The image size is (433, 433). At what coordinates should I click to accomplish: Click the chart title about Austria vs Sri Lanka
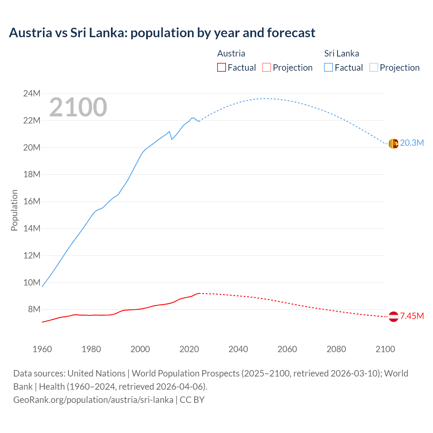[x=162, y=33]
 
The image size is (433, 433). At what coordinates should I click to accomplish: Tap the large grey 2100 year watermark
[x=78, y=107]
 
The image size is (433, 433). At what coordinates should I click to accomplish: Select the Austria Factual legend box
[x=221, y=67]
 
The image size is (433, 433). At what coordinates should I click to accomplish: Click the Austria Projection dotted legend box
[x=267, y=67]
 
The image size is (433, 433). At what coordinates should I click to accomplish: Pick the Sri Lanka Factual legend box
[x=328, y=67]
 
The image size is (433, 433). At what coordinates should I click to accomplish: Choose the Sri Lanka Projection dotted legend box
[x=373, y=67]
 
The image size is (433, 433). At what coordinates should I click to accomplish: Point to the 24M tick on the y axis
[x=32, y=93]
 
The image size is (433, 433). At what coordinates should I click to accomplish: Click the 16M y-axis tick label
[x=32, y=201]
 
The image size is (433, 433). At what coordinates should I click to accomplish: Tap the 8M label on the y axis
[x=34, y=309]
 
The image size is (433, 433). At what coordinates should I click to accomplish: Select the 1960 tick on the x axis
[x=42, y=349]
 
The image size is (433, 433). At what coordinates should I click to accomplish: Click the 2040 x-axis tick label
[x=238, y=349]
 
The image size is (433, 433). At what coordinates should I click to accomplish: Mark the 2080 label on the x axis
[x=336, y=349]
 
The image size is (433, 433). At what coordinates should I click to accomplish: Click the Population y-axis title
[x=14, y=210]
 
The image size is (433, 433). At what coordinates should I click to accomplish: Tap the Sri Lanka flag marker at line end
[x=393, y=144]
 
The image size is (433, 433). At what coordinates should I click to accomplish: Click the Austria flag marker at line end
[x=393, y=317]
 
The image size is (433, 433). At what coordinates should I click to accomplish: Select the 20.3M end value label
[x=412, y=143]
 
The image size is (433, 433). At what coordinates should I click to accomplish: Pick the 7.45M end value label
[x=412, y=316]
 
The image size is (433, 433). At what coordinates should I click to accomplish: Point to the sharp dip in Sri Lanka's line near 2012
[x=172, y=139]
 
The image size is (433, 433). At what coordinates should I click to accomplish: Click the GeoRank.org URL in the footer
[x=93, y=400]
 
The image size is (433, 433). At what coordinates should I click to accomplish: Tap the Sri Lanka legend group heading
[x=341, y=53]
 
